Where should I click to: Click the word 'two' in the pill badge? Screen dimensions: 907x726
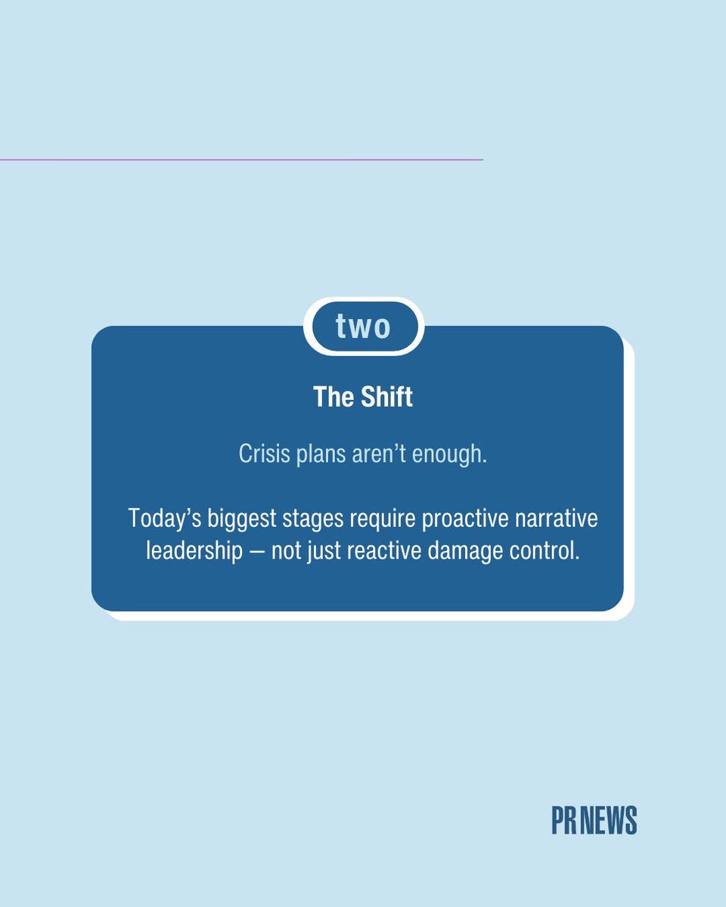pos(363,327)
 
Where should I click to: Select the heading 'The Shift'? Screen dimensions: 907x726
pos(363,397)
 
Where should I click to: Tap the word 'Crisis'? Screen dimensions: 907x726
pos(262,453)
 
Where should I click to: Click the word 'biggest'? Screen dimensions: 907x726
pos(243,519)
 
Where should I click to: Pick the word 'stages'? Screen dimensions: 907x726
pos(318,519)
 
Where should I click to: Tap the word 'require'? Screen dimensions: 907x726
pos(392,519)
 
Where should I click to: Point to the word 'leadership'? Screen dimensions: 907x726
pos(191,551)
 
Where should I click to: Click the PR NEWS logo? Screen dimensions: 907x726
pos(594,821)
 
